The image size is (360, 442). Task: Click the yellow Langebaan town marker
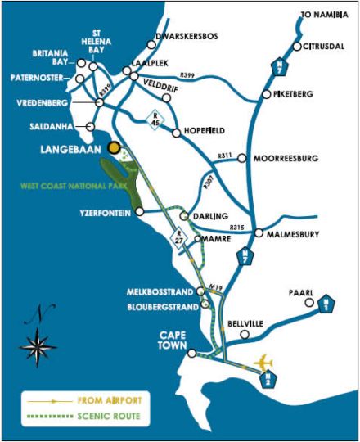[115, 148]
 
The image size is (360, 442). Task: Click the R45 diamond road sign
[155, 120]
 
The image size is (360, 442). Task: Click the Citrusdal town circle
[297, 46]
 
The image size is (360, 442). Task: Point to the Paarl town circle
[308, 302]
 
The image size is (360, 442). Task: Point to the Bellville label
[245, 324]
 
